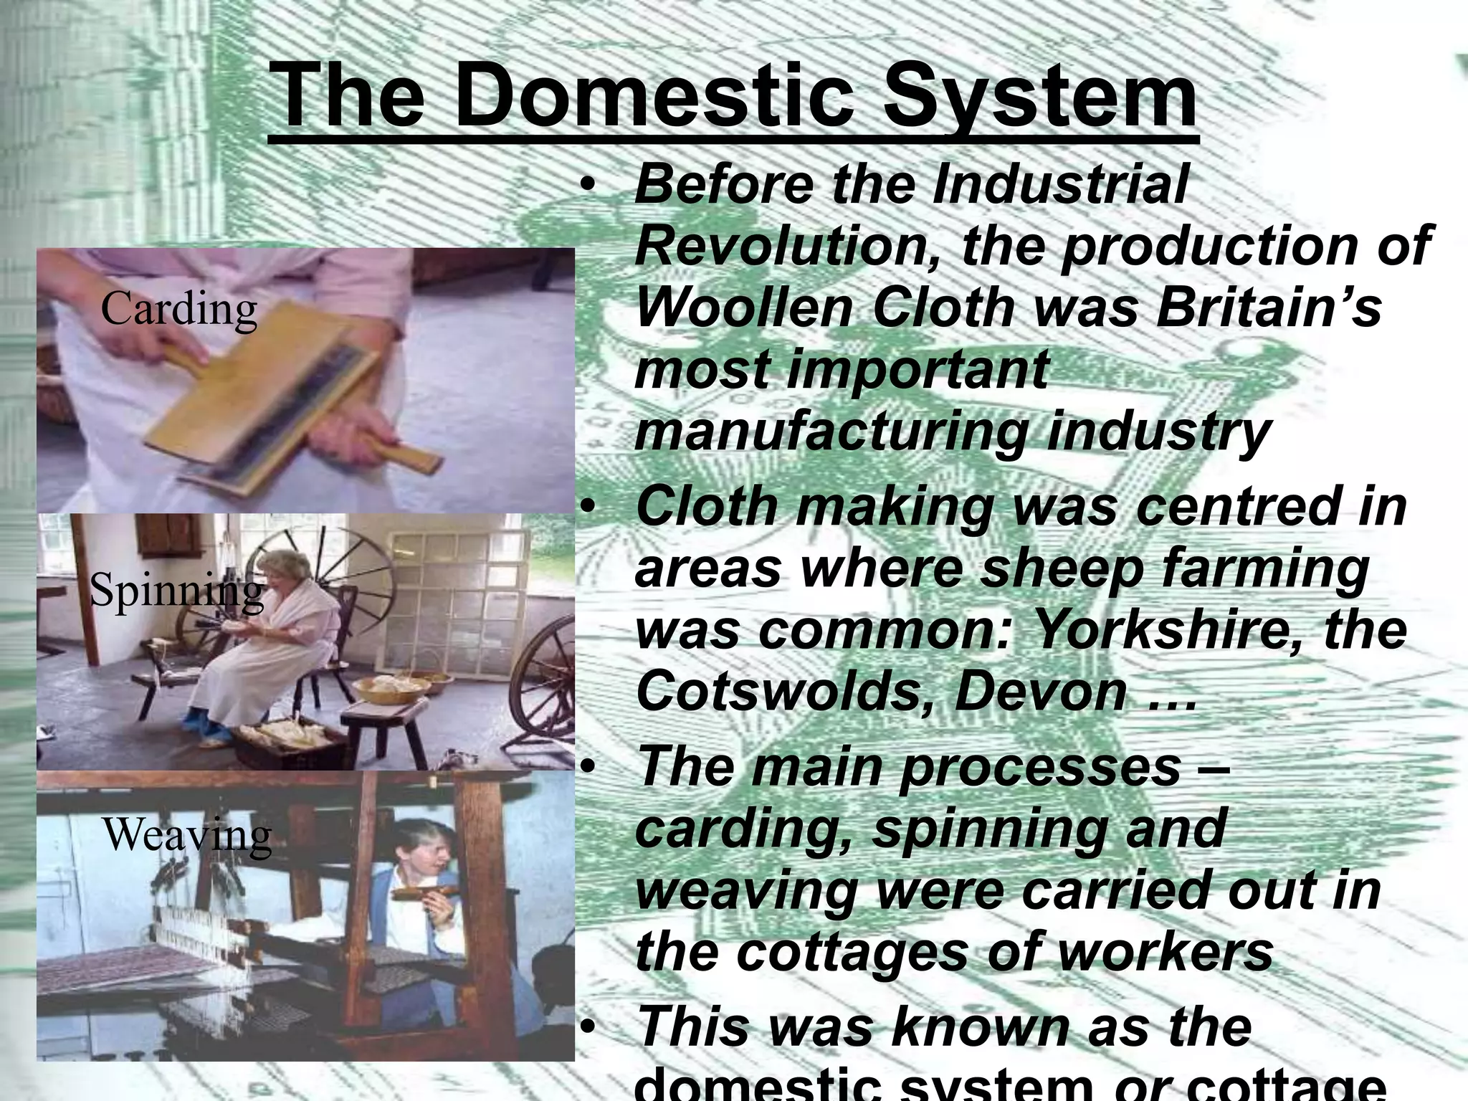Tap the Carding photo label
tap(178, 310)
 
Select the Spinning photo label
tap(176, 592)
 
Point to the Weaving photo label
tap(188, 835)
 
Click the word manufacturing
tap(831, 433)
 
